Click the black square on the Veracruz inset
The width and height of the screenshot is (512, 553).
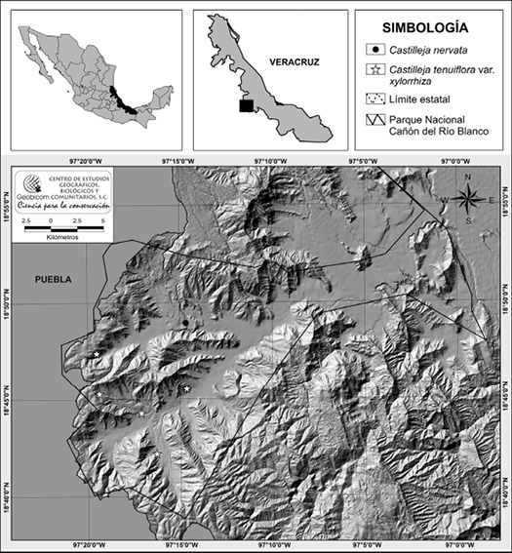247,104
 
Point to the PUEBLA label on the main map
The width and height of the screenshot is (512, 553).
54,279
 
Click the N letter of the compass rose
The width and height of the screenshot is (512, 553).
468,178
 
